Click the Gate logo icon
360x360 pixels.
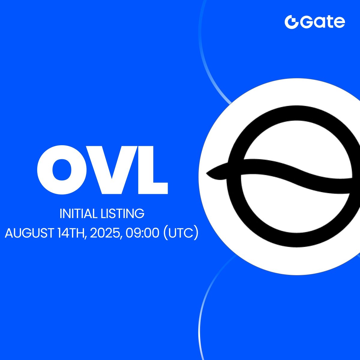291,22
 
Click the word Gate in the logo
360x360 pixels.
322,22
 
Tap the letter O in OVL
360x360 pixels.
62,170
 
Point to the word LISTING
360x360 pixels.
123,214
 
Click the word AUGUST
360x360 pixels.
29,233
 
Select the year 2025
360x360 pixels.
104,233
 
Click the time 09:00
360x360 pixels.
142,233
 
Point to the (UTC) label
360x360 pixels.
181,233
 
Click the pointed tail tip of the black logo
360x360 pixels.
206,173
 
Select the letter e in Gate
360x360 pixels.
339,23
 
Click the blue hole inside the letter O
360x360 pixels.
62,170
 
